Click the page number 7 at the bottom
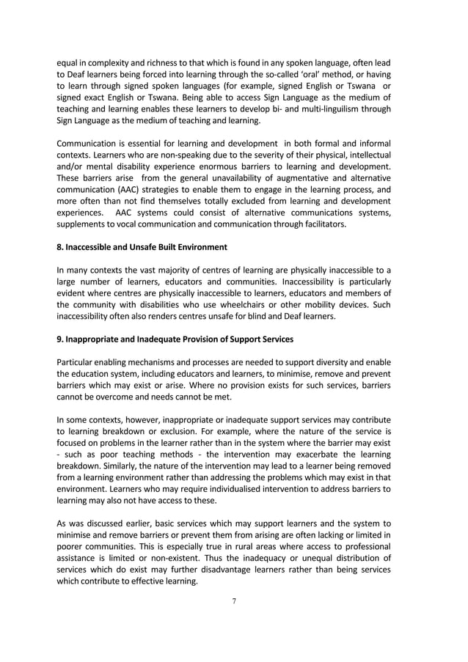tap(234, 601)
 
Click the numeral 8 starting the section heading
tap(60, 247)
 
